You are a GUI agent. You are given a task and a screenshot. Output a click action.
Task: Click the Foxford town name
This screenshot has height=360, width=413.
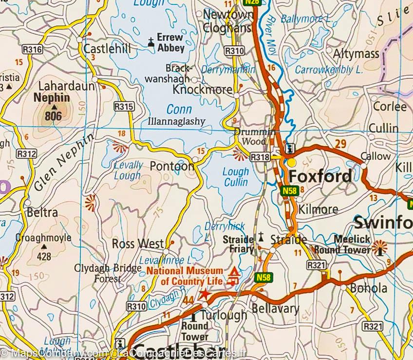tap(320, 176)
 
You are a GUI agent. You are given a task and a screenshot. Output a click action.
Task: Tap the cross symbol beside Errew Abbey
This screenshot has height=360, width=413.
tap(151, 42)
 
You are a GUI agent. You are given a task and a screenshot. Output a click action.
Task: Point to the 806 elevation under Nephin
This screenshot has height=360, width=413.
tap(53, 116)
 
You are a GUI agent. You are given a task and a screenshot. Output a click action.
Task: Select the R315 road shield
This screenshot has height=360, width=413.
tap(123, 106)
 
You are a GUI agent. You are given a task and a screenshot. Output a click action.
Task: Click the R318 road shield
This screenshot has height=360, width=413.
tap(260, 157)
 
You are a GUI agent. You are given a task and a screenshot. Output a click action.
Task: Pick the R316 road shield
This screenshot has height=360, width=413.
tap(33, 49)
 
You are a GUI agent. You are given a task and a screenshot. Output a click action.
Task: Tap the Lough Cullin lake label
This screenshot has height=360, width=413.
tap(236, 177)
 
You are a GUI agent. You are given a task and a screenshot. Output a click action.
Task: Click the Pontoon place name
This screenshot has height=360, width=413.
tap(172, 166)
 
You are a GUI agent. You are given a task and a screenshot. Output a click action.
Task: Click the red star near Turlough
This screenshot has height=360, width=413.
tap(205, 294)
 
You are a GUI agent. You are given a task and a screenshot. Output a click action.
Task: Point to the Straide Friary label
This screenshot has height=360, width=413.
tap(238, 244)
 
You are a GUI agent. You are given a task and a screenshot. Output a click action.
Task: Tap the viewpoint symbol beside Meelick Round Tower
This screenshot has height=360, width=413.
tap(379, 247)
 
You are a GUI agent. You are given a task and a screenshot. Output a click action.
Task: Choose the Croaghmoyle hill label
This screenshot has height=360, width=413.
tap(43, 238)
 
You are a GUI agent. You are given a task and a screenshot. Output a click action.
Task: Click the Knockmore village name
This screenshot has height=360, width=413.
tap(203, 90)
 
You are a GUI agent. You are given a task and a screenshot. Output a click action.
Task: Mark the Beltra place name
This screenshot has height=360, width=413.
tap(42, 212)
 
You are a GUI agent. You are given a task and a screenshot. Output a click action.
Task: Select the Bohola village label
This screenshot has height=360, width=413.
tap(369, 288)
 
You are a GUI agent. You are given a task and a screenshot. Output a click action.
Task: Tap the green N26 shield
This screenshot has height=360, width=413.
tap(252, 2)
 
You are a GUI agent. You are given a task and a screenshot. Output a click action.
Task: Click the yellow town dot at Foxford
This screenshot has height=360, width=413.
tap(292, 162)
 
